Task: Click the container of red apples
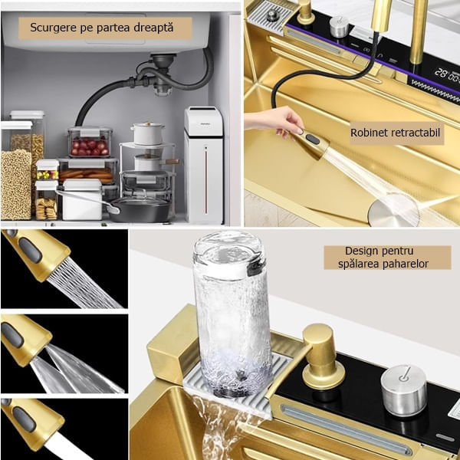tap(90, 142)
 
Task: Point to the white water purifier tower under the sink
tap(204, 165)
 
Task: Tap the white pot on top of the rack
tap(147, 133)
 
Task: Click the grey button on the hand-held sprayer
tap(313, 139)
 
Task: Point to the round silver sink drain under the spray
tap(393, 211)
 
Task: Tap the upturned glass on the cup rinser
tap(232, 312)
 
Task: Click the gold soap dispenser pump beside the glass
tap(323, 356)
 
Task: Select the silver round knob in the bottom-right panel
tap(404, 390)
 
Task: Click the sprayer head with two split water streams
tap(25, 339)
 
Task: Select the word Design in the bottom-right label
tap(362, 251)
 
